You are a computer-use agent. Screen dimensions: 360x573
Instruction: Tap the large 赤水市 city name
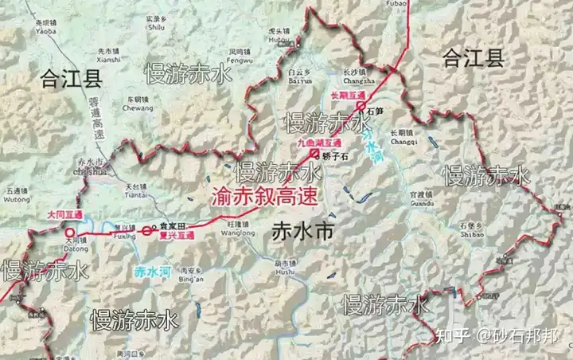(301, 231)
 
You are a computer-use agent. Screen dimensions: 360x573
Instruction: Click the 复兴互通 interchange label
(177, 236)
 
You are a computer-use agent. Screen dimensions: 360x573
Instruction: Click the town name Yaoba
(45, 33)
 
